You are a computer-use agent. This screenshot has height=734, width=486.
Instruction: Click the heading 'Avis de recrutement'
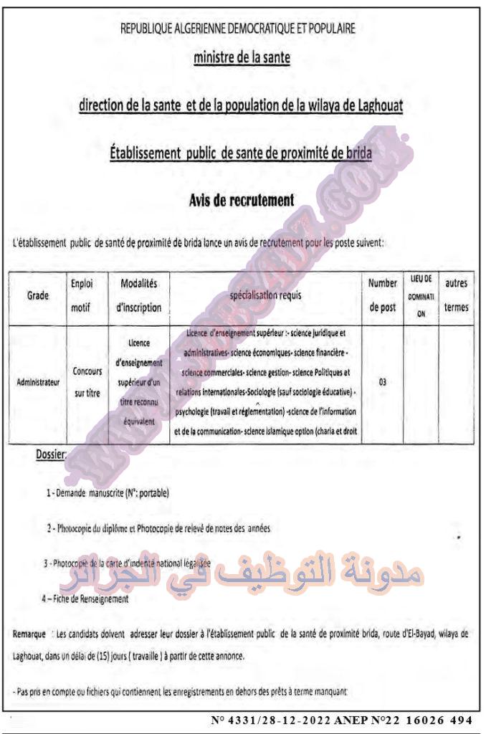[242, 200]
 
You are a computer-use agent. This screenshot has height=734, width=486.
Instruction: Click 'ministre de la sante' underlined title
[242, 58]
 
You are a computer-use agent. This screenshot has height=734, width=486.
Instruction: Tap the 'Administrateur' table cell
[37, 382]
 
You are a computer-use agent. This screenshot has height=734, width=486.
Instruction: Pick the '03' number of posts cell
[383, 382]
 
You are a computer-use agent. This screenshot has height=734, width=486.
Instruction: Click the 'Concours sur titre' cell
[87, 382]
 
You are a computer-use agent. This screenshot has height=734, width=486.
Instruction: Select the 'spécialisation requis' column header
[265, 295]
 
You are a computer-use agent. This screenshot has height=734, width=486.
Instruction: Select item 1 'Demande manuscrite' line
[108, 493]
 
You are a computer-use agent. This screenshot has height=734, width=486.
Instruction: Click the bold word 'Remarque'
[29, 634]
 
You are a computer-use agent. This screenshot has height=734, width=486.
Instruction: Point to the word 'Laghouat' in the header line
[378, 106]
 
